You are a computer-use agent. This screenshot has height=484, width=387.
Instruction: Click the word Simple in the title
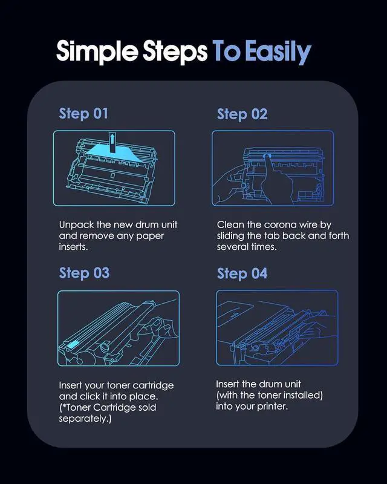coord(97,51)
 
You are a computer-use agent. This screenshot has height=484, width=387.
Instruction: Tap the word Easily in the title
coord(278,51)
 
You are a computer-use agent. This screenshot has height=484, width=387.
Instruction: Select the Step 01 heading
coord(83,114)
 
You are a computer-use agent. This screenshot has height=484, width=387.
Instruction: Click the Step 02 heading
coord(242,114)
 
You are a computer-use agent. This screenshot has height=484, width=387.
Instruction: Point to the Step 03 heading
coord(84,273)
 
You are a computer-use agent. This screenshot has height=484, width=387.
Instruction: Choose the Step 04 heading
coord(242,274)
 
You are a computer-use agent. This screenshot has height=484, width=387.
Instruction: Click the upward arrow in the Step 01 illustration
coord(112,142)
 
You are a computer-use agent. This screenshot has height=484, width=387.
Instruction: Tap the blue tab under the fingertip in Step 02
coord(267,156)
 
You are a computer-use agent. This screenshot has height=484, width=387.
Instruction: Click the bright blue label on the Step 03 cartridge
coord(71,344)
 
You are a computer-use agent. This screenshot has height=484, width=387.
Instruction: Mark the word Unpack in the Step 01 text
coord(77,225)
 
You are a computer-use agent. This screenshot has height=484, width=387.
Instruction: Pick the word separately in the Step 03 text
coord(84,419)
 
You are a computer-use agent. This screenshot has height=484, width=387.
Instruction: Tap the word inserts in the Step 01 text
coord(73,247)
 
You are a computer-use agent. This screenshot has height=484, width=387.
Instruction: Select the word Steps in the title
coord(175,51)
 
